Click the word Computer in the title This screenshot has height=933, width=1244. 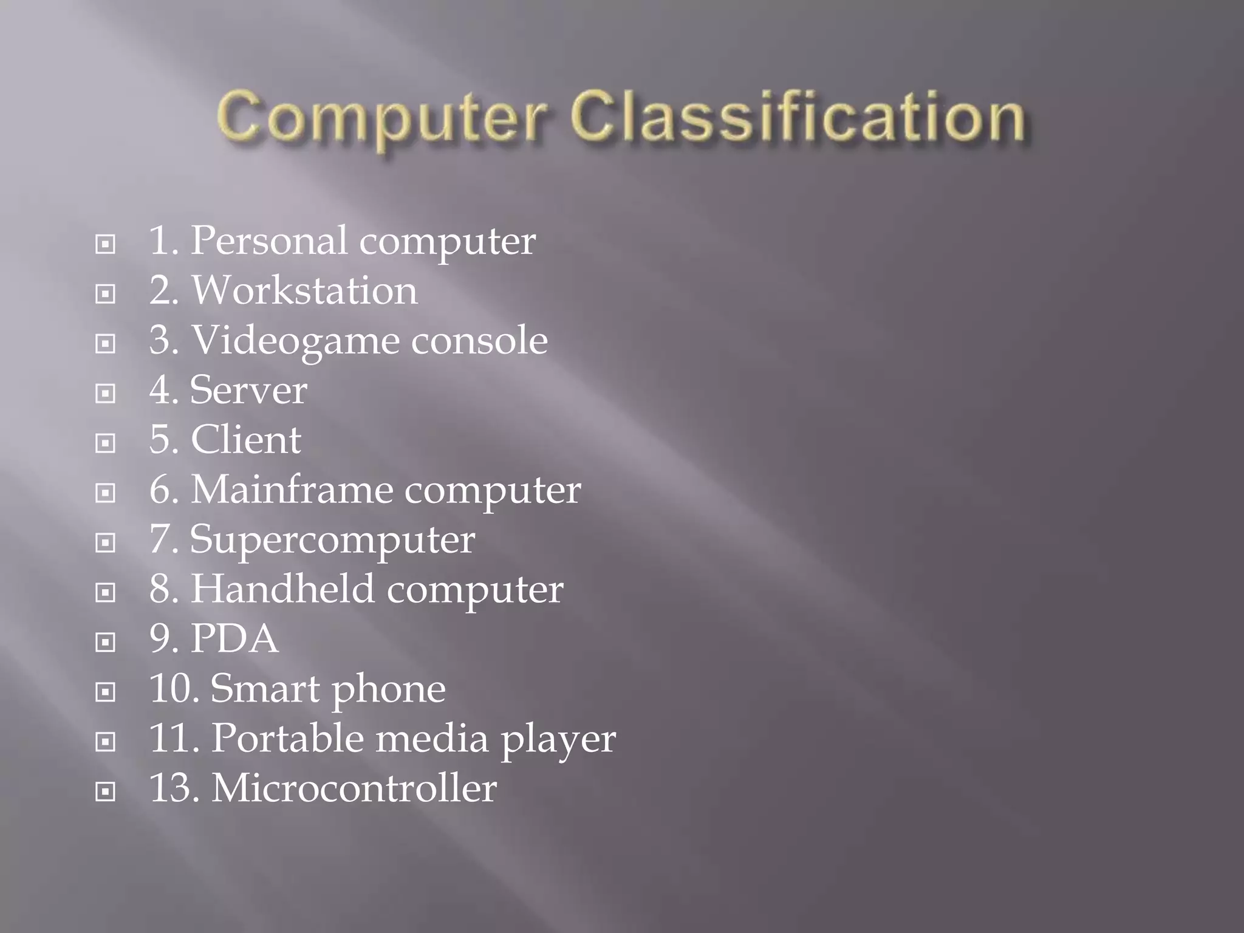click(381, 117)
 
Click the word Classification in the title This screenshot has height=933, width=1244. click(798, 117)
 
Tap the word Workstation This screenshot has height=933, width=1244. click(304, 290)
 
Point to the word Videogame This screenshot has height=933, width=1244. click(296, 341)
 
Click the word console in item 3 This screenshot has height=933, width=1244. click(479, 340)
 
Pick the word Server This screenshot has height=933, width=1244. click(248, 390)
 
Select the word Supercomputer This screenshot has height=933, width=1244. click(332, 541)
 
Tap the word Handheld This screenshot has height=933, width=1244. click(283, 589)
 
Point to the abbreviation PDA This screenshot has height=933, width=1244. click(234, 639)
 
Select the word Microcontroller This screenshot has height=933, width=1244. click(354, 788)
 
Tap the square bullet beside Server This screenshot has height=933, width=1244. click(106, 394)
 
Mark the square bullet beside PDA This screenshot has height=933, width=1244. click(106, 643)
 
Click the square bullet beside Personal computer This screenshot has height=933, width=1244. click(106, 244)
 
